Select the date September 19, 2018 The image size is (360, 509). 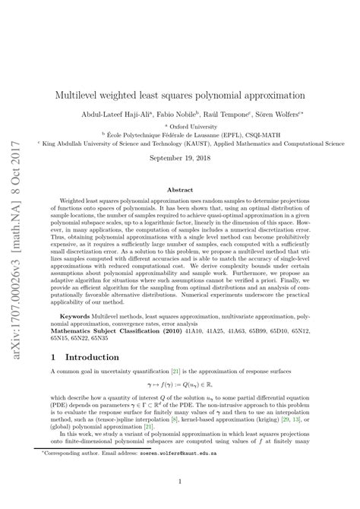[179, 157]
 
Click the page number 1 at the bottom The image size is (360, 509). [180, 482]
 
